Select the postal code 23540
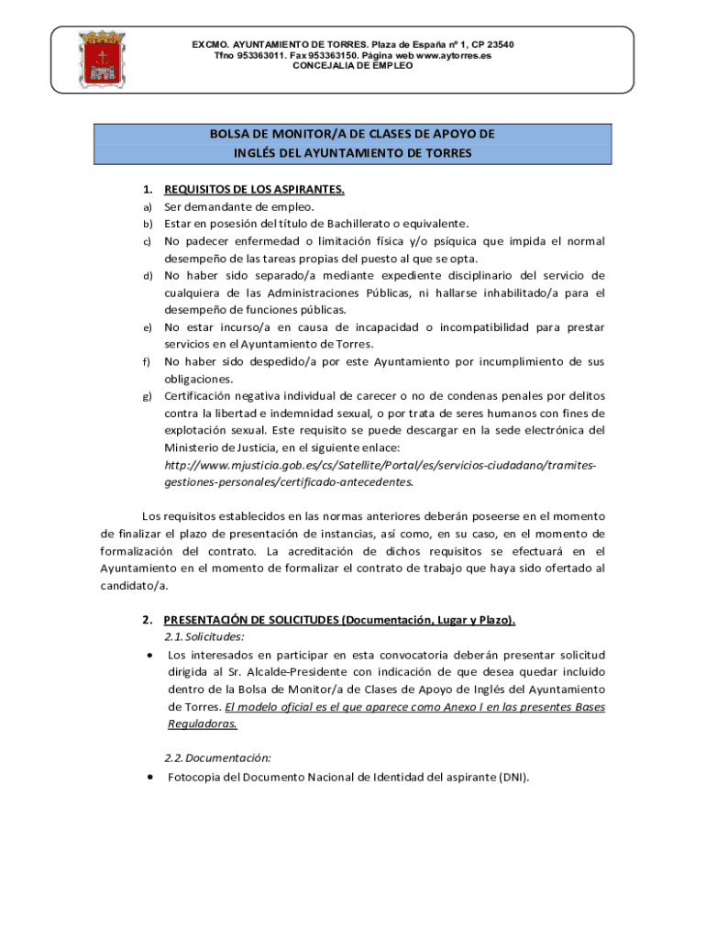pyautogui.click(x=499, y=44)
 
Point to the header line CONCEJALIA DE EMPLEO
pyautogui.click(x=352, y=66)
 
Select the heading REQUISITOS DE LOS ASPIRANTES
pyautogui.click(x=254, y=190)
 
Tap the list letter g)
pyautogui.click(x=147, y=396)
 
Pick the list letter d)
pyautogui.click(x=147, y=276)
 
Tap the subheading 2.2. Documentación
pyautogui.click(x=217, y=758)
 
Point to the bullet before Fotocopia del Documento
pyautogui.click(x=149, y=778)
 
